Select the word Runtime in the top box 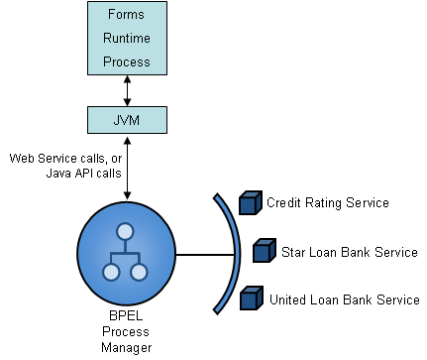click(126, 40)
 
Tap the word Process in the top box click(126, 60)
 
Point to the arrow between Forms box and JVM click(126, 88)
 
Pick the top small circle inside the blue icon click(125, 234)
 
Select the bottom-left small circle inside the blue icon click(111, 272)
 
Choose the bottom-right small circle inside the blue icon click(139, 272)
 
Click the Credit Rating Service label click(327, 203)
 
